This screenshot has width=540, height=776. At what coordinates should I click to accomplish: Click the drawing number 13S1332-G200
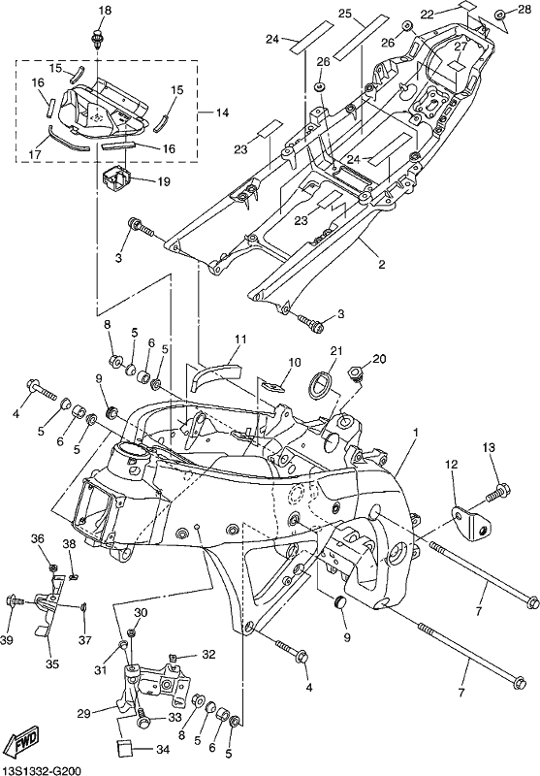41,770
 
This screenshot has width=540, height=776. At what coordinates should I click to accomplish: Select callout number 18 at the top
106,10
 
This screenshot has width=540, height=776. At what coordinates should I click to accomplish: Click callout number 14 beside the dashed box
222,113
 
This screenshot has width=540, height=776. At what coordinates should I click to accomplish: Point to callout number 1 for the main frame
416,433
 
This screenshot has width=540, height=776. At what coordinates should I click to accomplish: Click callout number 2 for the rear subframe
381,264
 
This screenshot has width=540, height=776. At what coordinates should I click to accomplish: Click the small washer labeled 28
499,15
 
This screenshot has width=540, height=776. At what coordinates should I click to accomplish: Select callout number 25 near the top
345,14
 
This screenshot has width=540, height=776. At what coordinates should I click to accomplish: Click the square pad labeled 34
125,748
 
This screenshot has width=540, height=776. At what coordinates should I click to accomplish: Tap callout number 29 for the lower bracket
84,713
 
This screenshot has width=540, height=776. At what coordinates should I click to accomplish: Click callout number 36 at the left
38,539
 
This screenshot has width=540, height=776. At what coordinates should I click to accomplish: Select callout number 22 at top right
428,15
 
